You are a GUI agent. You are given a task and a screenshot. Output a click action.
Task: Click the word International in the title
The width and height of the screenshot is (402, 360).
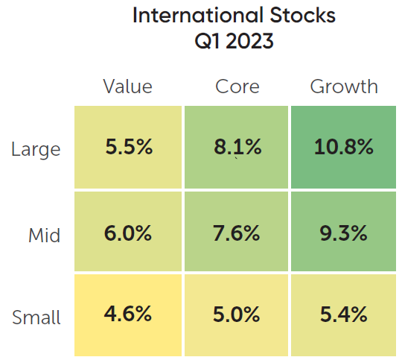(x=198, y=16)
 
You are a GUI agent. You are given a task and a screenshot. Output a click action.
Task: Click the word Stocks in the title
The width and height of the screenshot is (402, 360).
(x=303, y=16)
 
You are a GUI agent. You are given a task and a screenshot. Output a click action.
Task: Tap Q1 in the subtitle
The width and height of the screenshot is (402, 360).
(x=207, y=41)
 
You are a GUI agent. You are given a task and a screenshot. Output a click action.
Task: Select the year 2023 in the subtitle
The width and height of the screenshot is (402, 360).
(x=249, y=41)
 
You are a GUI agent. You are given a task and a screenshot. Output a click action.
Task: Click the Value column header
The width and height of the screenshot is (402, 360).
(x=128, y=86)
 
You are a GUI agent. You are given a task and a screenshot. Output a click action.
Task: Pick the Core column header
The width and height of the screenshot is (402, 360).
(x=237, y=86)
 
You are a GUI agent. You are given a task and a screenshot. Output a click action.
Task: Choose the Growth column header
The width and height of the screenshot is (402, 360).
(x=344, y=86)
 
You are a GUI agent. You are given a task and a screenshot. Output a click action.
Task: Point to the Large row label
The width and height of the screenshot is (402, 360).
(x=36, y=150)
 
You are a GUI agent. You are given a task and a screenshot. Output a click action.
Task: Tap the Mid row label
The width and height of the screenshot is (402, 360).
(x=44, y=235)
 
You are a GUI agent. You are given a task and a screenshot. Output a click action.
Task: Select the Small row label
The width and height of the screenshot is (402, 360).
(x=36, y=318)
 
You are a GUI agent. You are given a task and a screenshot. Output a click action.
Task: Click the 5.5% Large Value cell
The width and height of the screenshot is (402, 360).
(x=128, y=147)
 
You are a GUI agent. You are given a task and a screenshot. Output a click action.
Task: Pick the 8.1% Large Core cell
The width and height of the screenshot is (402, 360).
(x=236, y=147)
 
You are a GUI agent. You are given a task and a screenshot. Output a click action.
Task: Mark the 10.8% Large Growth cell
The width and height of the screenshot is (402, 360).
(x=343, y=147)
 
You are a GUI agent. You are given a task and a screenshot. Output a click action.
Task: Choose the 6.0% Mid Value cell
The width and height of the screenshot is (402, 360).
(x=128, y=231)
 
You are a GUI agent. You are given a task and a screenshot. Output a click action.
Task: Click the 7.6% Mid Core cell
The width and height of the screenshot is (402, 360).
(x=236, y=231)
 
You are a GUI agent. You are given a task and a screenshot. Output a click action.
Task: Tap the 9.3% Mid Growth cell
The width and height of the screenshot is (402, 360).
(x=343, y=231)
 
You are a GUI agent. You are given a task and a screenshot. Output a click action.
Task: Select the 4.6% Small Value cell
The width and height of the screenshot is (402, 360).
(x=128, y=315)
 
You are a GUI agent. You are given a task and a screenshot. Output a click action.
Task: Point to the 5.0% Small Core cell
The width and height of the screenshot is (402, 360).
(x=236, y=315)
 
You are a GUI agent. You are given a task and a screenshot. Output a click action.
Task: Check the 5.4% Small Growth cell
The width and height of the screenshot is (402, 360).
(x=343, y=315)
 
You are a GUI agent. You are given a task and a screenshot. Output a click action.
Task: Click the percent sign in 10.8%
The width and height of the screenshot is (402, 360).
(x=364, y=147)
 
